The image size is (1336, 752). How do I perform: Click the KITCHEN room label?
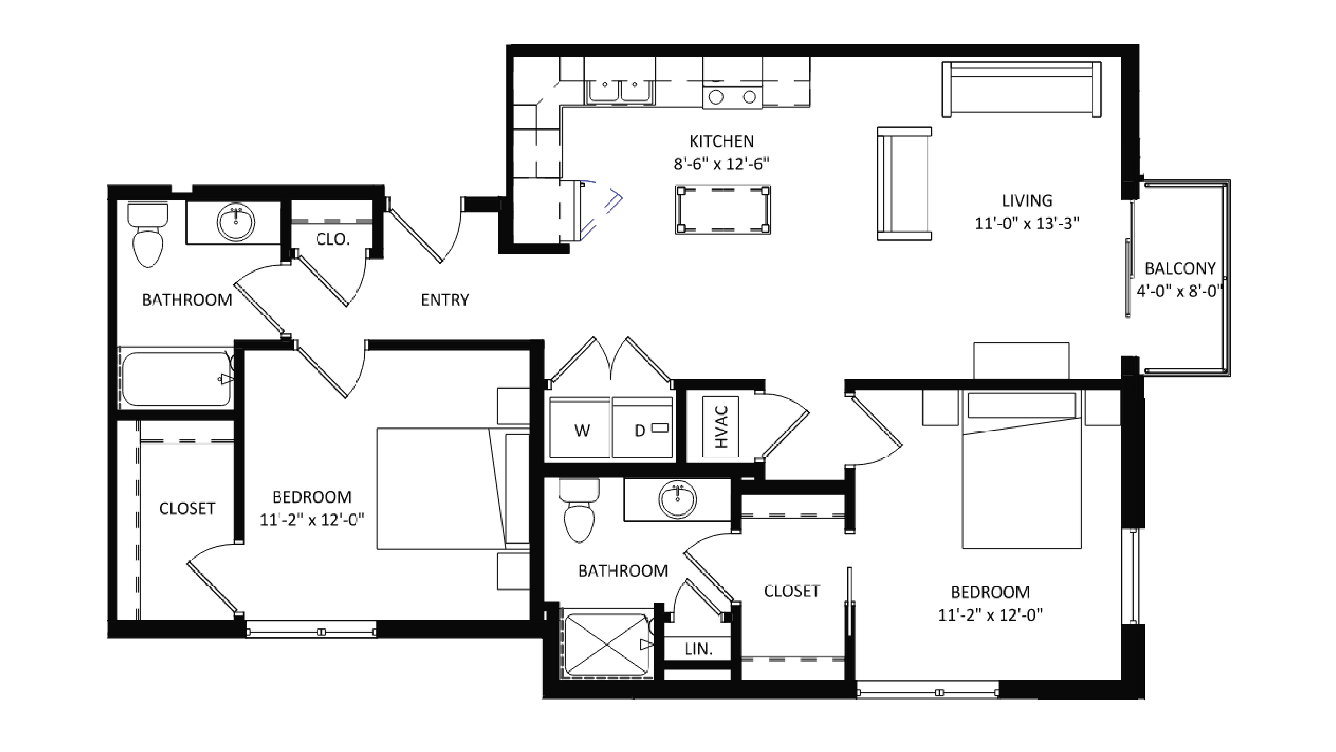tap(721, 141)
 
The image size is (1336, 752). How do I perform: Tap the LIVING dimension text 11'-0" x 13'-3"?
tap(1027, 224)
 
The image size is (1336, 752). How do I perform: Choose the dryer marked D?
tap(642, 428)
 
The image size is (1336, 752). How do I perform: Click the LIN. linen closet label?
tap(698, 649)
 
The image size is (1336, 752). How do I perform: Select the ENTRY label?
tap(444, 300)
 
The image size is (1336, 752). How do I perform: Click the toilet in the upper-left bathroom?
tap(148, 236)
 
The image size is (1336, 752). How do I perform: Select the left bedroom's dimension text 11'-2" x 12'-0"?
tap(312, 520)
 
